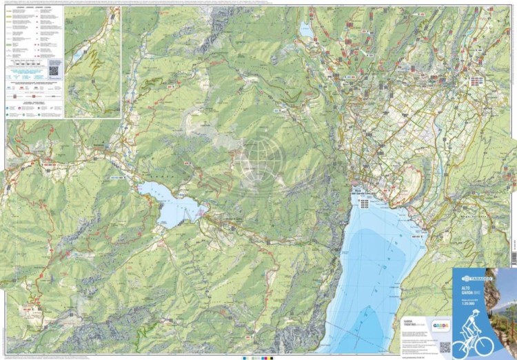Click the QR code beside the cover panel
(x=445, y=346)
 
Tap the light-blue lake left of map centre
(x=169, y=203)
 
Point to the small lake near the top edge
(x=306, y=29)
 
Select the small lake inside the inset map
(x=81, y=52)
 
